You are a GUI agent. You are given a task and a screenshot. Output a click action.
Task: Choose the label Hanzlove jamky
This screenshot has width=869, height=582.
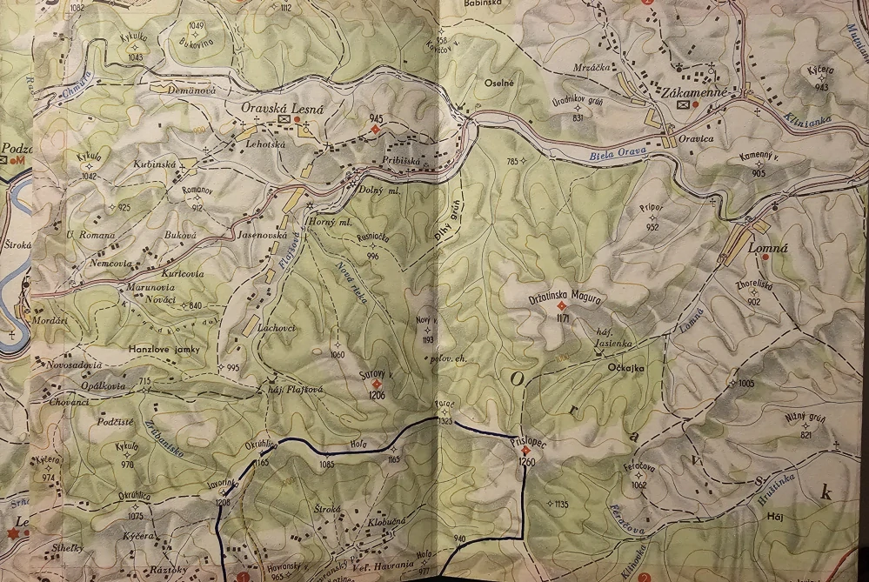click(x=164, y=349)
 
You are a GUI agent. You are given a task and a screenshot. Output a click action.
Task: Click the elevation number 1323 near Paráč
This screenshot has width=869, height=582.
click(x=445, y=421)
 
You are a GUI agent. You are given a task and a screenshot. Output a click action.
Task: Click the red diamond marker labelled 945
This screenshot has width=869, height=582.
click(x=375, y=130)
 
